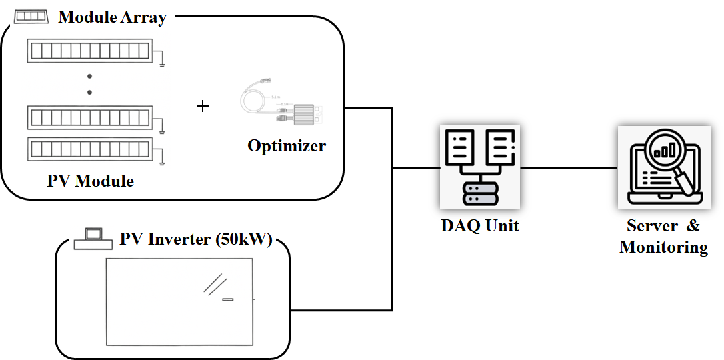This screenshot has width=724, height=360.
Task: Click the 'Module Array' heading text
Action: point(112,17)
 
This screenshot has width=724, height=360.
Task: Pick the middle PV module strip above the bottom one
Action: point(91,118)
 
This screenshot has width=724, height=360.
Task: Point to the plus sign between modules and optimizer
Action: point(203,106)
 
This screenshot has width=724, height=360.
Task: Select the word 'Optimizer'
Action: point(287,145)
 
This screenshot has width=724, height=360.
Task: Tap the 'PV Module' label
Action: point(91,181)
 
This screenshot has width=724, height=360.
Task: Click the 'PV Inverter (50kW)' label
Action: point(195,239)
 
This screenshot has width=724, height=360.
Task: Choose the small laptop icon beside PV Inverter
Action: point(93,238)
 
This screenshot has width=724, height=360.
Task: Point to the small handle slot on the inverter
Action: point(228,300)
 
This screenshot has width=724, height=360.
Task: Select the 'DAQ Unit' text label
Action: point(480,225)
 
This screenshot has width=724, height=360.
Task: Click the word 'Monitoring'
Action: point(663,247)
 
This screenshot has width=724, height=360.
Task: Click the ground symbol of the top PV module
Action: point(162,62)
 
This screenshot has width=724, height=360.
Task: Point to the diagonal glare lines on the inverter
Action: point(213,284)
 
